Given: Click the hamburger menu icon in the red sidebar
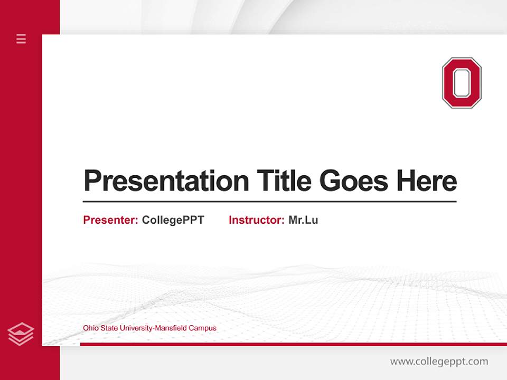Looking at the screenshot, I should point(21,39).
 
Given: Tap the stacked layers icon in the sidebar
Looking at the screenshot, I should point(21,334).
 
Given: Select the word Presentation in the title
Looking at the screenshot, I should point(166,181).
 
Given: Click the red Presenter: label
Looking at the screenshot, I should point(110,220).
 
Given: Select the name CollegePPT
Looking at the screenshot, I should point(173,220).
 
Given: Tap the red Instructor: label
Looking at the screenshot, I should point(256,220).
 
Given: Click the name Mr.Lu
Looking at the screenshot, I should point(303,220).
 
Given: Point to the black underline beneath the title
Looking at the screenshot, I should point(269,201).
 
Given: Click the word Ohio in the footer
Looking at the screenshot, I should point(90,328).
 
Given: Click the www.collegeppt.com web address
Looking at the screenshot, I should point(439,362).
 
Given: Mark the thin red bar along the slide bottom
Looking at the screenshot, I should point(293,344).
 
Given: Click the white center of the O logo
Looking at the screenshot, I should point(462,83).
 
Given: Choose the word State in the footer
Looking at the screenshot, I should point(108,328).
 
